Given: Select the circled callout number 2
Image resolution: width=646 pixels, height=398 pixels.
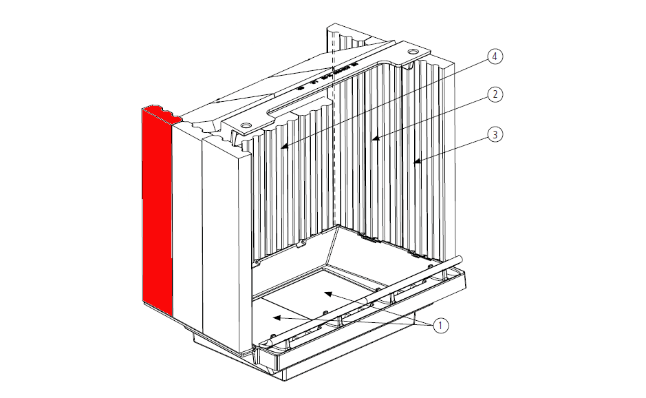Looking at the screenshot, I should tap(494, 95).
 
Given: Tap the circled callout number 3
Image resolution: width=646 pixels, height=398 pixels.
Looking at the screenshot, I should tap(494, 135).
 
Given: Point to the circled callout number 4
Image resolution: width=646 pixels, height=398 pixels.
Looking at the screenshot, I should tap(494, 56).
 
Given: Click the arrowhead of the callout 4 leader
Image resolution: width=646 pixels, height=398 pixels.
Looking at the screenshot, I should tap(282, 147).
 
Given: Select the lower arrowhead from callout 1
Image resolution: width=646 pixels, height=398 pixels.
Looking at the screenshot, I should tap(274, 317).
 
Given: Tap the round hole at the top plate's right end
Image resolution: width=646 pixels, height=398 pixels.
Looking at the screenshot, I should tap(412, 52).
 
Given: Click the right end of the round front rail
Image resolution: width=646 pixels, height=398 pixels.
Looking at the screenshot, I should tap(460, 258).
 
